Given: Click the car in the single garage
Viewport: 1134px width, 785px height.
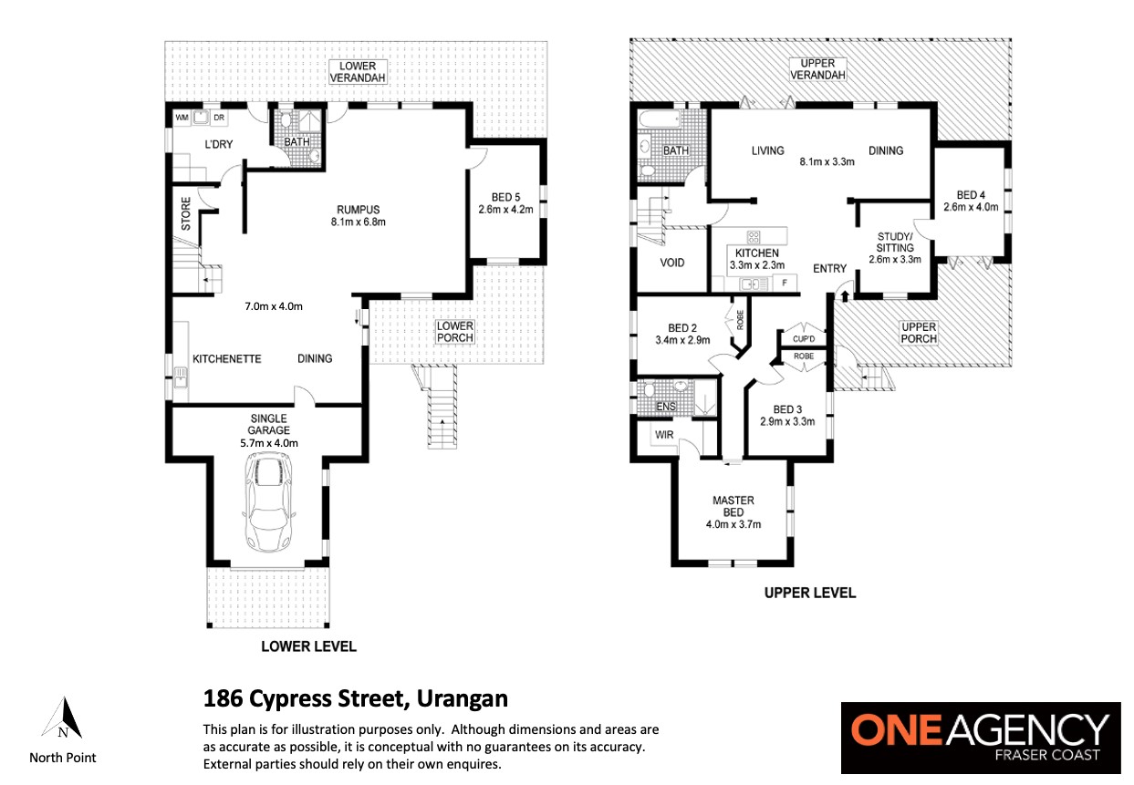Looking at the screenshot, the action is pyautogui.click(x=268, y=501).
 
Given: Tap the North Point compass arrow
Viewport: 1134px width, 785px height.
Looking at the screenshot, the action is pyautogui.click(x=62, y=718).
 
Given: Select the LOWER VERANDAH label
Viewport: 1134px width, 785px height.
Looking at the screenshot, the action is pyautogui.click(x=358, y=72).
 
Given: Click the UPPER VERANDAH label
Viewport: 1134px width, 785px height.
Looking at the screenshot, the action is pyautogui.click(x=817, y=69).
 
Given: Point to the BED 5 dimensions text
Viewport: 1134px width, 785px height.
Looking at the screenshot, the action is pyautogui.click(x=505, y=210).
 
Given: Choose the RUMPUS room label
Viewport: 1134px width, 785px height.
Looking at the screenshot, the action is pyautogui.click(x=359, y=210).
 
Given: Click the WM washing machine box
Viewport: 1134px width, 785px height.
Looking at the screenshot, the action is pyautogui.click(x=182, y=118).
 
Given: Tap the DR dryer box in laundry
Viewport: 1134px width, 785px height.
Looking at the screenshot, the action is pyautogui.click(x=219, y=118).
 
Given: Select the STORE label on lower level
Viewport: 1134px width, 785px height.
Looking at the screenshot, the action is pyautogui.click(x=186, y=213).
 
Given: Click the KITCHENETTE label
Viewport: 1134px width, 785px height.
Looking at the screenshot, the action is pyautogui.click(x=227, y=358).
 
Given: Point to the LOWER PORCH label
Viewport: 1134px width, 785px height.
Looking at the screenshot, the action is pyautogui.click(x=454, y=332).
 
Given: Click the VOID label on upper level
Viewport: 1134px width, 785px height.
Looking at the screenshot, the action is pyautogui.click(x=671, y=263).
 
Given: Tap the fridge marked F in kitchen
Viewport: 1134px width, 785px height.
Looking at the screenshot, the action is pyautogui.click(x=785, y=283).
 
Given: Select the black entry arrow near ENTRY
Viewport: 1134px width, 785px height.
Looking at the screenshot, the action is pyautogui.click(x=845, y=296).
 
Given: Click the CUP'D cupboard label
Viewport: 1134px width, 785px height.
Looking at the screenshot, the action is pyautogui.click(x=804, y=338).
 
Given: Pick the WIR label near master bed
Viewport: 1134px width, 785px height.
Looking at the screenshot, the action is pyautogui.click(x=663, y=435).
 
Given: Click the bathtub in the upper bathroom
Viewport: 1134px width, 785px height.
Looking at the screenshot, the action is pyautogui.click(x=657, y=119).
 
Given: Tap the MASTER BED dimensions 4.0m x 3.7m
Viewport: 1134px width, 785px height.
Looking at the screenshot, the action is pyautogui.click(x=733, y=524).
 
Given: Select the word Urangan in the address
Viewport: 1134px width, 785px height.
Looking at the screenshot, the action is pyautogui.click(x=462, y=699).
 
